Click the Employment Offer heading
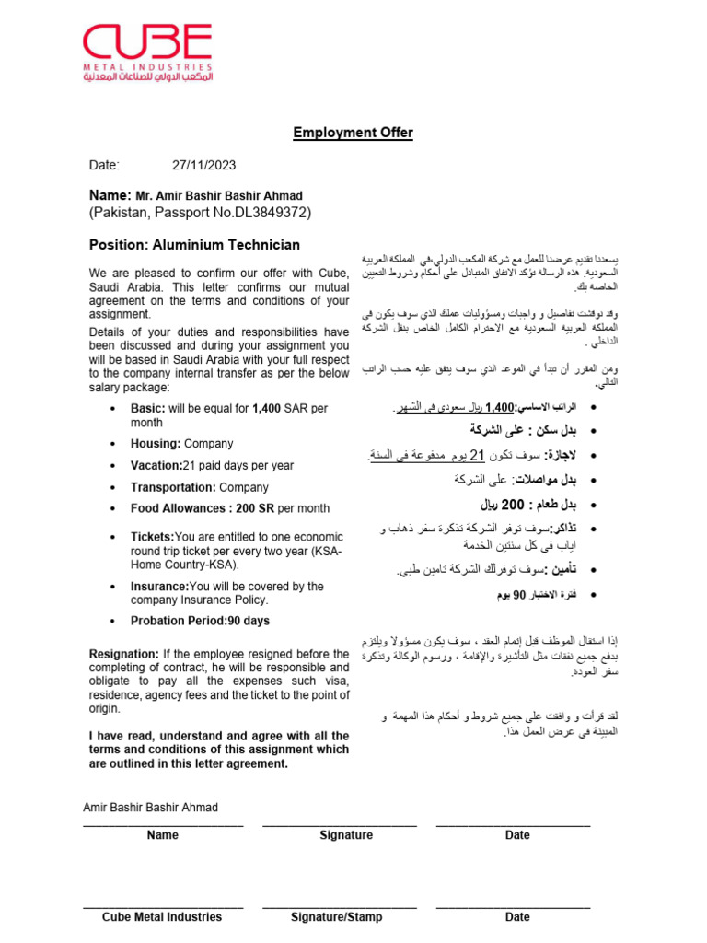[353, 133]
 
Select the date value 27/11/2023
[203, 166]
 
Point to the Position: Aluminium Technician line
[194, 245]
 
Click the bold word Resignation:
[125, 654]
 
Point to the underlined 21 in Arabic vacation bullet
[477, 454]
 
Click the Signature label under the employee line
[346, 835]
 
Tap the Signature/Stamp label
[336, 917]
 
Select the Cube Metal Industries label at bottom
[162, 917]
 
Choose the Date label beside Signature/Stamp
[517, 917]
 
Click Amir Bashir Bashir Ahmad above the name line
[151, 808]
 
